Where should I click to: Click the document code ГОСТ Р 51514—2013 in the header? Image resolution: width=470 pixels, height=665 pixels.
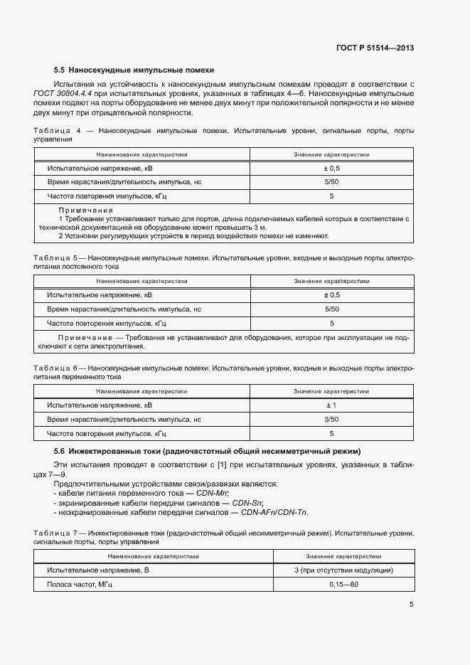point(374,48)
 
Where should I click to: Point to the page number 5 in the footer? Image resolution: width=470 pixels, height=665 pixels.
point(412,605)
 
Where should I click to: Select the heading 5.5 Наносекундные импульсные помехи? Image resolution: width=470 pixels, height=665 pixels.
point(134,70)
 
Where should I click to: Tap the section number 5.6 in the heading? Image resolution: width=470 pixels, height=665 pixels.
point(60,451)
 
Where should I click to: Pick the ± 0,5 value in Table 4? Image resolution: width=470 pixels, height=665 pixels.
point(331,168)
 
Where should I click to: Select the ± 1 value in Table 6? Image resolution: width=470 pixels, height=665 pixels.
point(331,405)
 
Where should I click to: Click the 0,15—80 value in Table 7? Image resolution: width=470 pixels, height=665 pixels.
point(343,584)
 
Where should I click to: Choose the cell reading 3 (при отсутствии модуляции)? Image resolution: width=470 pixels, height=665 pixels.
point(343,570)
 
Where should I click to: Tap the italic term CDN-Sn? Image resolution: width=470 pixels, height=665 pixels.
point(247,503)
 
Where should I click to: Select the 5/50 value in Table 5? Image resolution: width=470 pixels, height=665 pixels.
point(331,309)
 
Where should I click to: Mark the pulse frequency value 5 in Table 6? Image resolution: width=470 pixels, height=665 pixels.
point(331,433)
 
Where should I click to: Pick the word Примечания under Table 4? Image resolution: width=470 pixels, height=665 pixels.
point(85,211)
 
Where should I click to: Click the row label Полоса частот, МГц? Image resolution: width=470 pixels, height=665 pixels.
point(80,584)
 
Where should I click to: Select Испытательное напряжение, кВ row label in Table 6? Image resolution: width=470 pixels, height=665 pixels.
point(100,405)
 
